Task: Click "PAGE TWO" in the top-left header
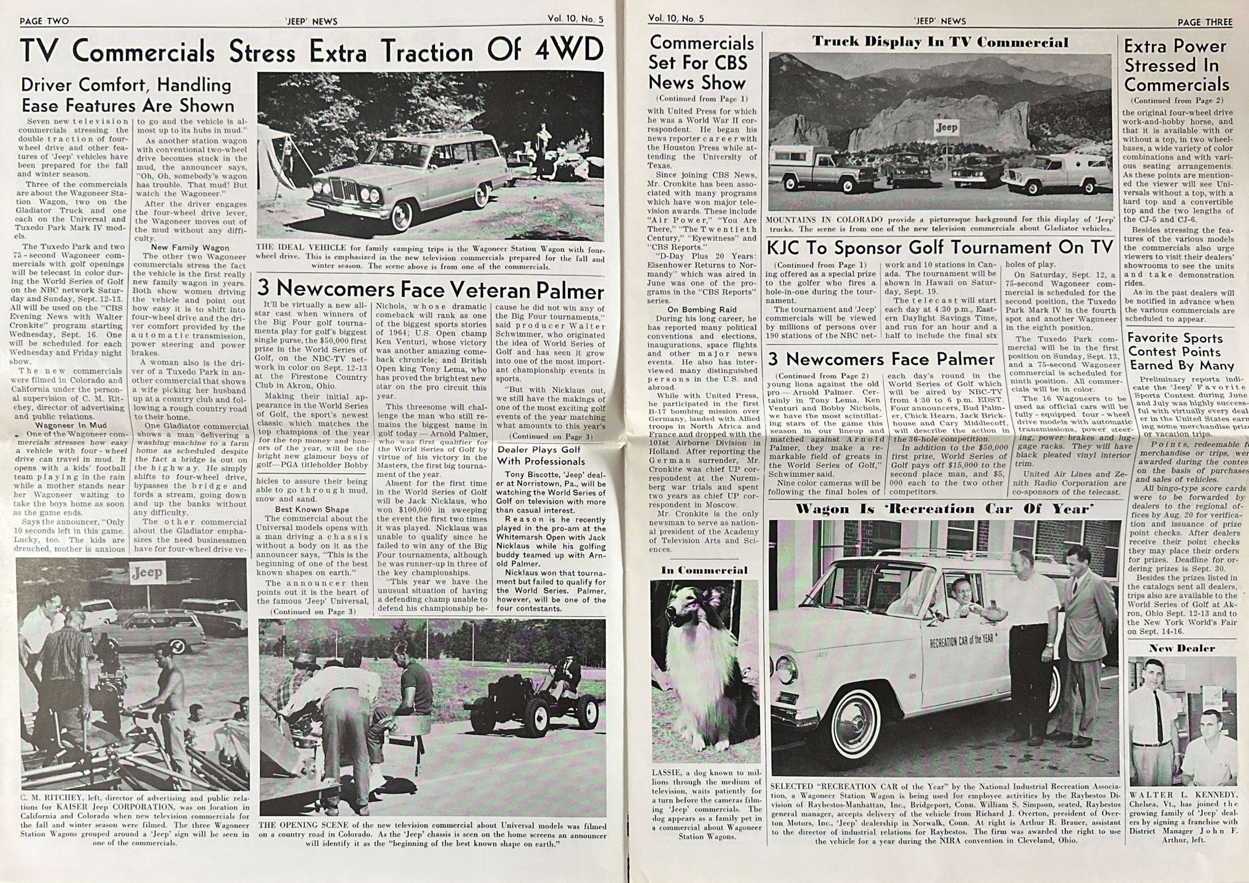(44, 21)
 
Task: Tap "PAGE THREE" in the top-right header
(1205, 22)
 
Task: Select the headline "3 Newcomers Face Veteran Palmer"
(430, 288)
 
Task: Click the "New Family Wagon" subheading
(190, 247)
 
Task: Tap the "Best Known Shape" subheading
(312, 510)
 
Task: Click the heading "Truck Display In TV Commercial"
(940, 42)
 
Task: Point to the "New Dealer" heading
(1182, 648)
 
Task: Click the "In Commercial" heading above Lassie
(704, 570)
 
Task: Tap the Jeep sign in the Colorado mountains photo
(946, 128)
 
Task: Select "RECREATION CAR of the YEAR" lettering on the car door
(961, 640)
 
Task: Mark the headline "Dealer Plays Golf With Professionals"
(539, 455)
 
